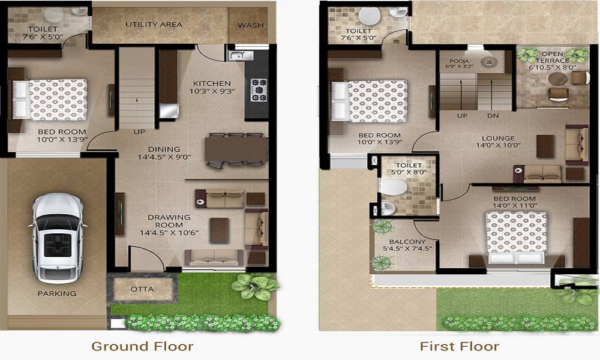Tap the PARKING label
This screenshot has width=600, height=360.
click(x=57, y=293)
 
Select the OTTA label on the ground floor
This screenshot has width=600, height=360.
click(x=142, y=289)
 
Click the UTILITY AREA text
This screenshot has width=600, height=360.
click(x=154, y=25)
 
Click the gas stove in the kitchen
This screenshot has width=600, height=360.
click(x=260, y=89)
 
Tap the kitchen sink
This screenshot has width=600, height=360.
click(x=239, y=56)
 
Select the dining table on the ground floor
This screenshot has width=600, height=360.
click(x=235, y=149)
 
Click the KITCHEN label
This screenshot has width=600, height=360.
click(x=212, y=83)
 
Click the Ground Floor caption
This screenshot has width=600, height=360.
click(x=142, y=346)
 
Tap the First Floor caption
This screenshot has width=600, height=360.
click(x=460, y=346)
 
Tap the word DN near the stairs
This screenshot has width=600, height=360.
click(x=492, y=115)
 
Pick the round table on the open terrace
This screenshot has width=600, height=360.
click(x=558, y=79)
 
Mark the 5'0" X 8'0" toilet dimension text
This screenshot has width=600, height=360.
click(x=409, y=172)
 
